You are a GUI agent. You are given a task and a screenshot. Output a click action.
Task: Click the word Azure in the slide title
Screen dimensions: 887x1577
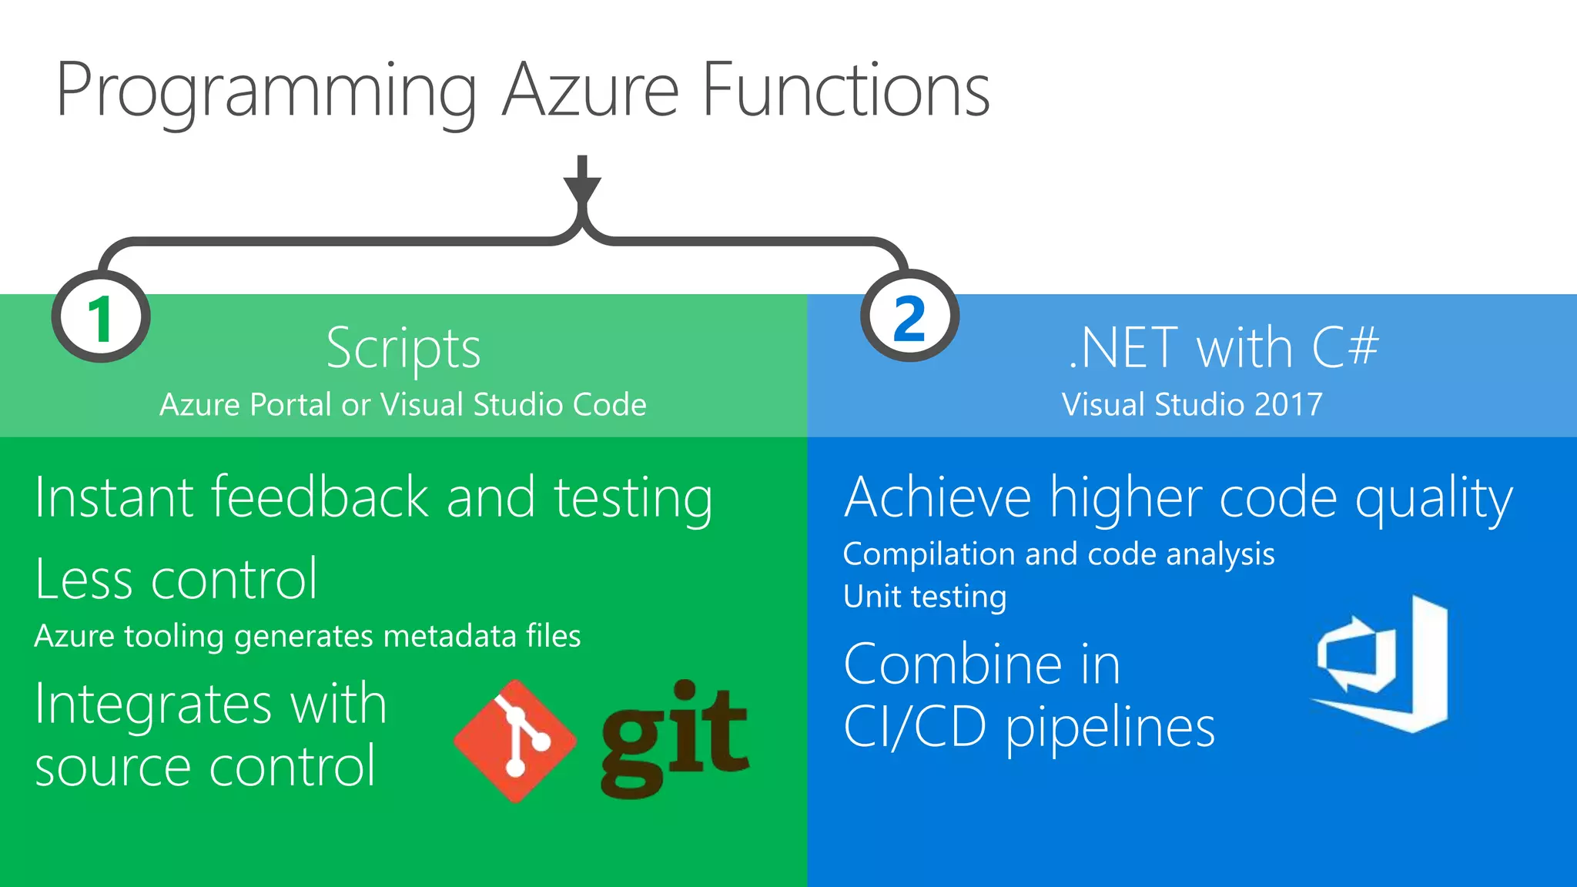591,91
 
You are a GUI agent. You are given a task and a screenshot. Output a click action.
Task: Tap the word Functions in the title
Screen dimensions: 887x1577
845,91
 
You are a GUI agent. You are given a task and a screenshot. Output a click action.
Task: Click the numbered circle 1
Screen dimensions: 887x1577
101,317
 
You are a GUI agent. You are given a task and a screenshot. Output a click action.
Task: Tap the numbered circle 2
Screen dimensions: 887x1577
909,317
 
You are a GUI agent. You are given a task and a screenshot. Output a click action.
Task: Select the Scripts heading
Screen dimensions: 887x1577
403,348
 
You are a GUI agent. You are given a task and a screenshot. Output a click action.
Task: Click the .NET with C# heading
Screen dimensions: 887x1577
1224,347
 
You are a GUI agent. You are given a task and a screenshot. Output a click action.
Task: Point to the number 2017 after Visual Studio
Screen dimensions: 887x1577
1288,404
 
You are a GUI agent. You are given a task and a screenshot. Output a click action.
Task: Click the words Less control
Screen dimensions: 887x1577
176,579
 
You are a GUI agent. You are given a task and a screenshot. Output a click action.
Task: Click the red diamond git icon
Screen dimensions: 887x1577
514,741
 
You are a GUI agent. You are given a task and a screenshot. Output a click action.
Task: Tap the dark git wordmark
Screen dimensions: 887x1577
675,739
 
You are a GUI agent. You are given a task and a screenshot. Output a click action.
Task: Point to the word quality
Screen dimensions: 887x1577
1434,499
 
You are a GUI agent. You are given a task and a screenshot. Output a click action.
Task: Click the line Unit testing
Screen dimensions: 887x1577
925,597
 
